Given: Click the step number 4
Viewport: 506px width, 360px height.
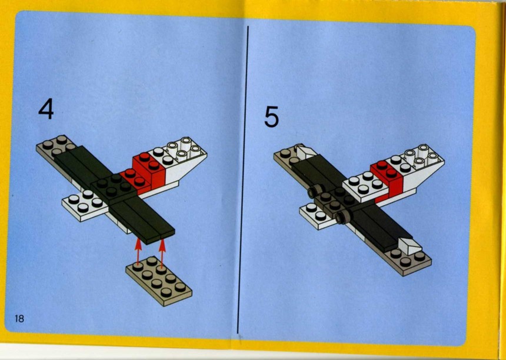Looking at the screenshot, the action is [x=46, y=109].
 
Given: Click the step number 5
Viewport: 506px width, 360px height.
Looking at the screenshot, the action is [x=271, y=117].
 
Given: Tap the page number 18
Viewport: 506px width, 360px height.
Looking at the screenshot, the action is [x=19, y=319].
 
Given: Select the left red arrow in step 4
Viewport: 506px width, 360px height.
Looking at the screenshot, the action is [x=138, y=252].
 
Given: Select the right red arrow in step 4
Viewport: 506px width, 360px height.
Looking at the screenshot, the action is [x=162, y=252].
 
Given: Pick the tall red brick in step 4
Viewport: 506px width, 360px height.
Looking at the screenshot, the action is [x=149, y=171].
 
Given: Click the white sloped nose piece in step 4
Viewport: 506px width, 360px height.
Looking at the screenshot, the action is [x=184, y=161].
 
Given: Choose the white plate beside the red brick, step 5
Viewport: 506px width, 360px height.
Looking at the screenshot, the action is [x=365, y=186].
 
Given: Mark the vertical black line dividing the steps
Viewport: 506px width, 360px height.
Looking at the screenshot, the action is [x=242, y=179].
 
